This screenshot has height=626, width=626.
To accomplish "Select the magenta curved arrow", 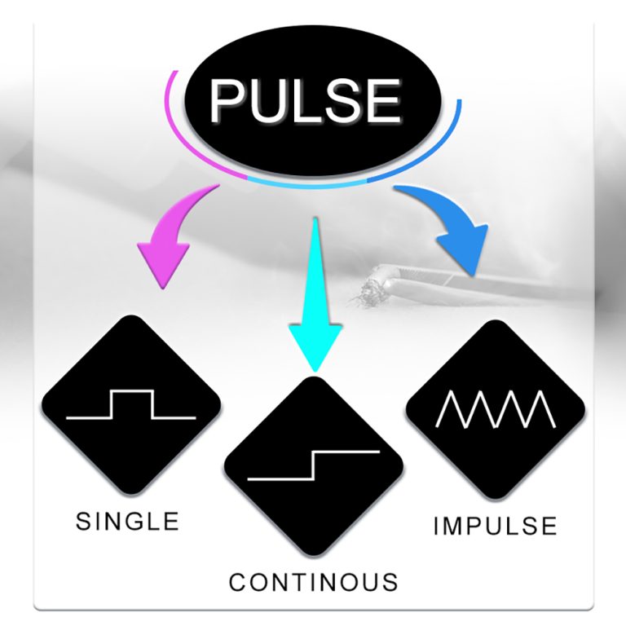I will pyautogui.click(x=175, y=236).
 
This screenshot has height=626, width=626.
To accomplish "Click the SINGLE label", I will pyautogui.click(x=127, y=522).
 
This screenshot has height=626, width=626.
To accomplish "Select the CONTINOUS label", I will pyautogui.click(x=313, y=582).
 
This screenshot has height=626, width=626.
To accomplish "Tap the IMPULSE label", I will pyautogui.click(x=495, y=526).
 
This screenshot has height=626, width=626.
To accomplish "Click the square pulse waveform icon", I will pyautogui.click(x=131, y=404).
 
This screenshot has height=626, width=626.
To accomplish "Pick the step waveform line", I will pyautogui.click(x=313, y=465).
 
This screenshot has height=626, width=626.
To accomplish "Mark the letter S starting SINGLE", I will pyautogui.click(x=82, y=522).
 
